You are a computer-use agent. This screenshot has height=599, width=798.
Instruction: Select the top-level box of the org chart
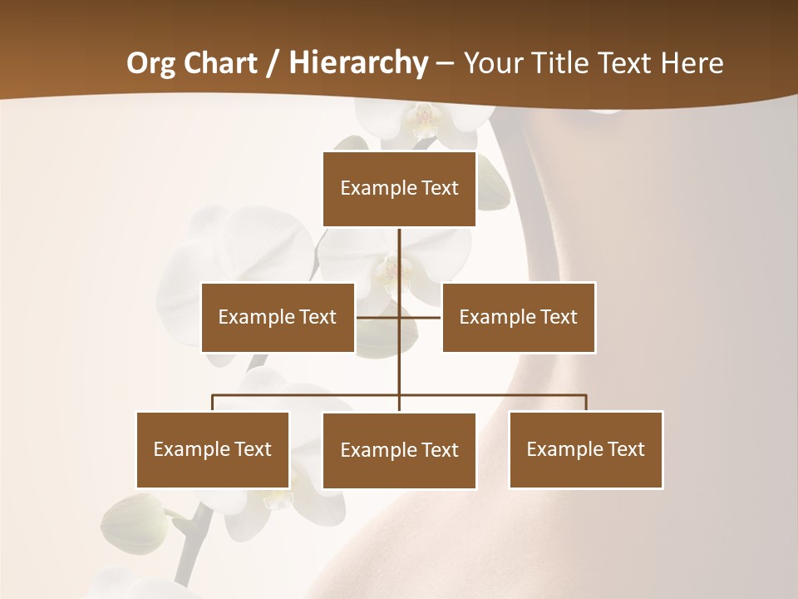(x=399, y=189)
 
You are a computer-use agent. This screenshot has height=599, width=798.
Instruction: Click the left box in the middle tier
(x=278, y=317)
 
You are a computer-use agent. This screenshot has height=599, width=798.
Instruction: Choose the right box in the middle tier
(x=519, y=317)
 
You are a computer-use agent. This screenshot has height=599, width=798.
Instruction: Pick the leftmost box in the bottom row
(x=213, y=449)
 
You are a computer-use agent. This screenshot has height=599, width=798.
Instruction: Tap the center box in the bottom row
(x=399, y=450)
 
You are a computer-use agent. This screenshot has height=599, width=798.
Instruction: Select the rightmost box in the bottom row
(x=586, y=449)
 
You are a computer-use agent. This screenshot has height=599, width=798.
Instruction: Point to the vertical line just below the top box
(x=399, y=250)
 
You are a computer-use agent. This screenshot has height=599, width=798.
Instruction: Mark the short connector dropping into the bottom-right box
(x=586, y=403)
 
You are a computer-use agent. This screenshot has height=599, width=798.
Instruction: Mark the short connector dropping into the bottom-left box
(x=213, y=403)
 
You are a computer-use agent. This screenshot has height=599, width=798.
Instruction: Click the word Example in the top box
(x=369, y=189)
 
